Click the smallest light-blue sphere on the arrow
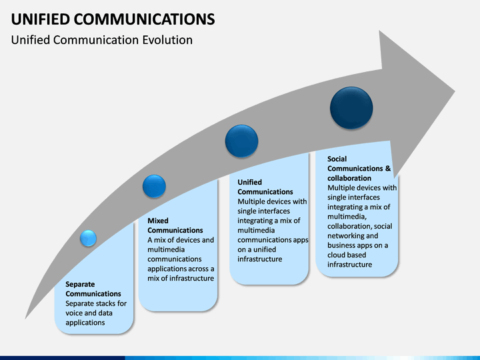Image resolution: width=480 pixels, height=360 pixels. tap(88, 238)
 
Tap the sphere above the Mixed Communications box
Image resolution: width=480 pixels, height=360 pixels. tap(154, 186)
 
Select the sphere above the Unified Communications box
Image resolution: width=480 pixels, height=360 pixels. tap(241, 141)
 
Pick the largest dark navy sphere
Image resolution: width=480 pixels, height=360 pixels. tap(351, 108)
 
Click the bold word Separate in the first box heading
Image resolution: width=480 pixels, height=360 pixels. tap(80, 284)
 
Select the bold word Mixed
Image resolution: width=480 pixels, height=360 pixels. tap(158, 221)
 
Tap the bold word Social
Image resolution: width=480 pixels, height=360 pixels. tap(337, 159)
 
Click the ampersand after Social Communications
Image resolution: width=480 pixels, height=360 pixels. tap(388, 169)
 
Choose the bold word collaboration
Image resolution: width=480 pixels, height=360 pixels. tap(349, 178)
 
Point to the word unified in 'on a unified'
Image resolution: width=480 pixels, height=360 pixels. tap(265, 249)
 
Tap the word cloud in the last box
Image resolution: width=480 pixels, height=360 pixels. tap(337, 255)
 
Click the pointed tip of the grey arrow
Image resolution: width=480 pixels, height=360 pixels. tap(455, 91)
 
